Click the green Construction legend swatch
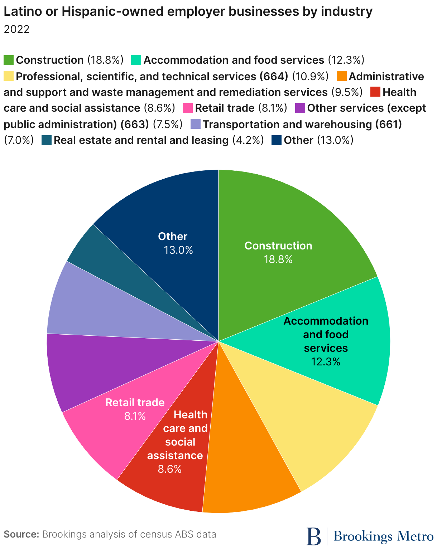click(x=9, y=60)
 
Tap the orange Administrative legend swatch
click(x=341, y=76)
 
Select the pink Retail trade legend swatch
click(x=188, y=108)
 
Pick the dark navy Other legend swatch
click(x=277, y=140)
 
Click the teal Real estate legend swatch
click(x=47, y=140)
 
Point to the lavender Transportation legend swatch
click(x=196, y=124)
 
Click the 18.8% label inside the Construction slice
click(x=278, y=259)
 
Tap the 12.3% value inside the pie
click(x=326, y=362)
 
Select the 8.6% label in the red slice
click(x=169, y=469)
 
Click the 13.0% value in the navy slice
click(x=178, y=250)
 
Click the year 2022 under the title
click(x=16, y=29)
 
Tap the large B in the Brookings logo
click(x=314, y=536)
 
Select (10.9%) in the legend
click(x=310, y=76)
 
